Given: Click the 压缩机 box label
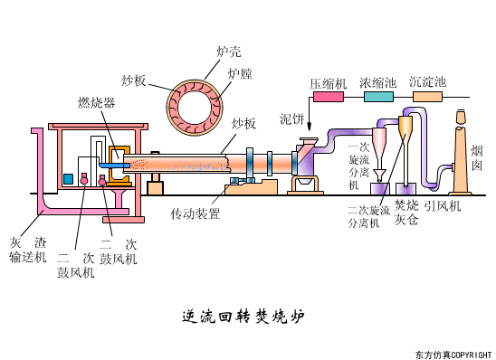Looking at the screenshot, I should coord(329,83).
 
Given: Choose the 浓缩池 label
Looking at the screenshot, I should coord(377,83).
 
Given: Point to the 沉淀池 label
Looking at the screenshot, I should coord(427,83).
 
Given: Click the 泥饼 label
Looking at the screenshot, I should coord(291,118).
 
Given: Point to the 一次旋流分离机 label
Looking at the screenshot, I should coord(358,165).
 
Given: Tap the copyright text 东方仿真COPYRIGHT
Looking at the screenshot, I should coord(453,354).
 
